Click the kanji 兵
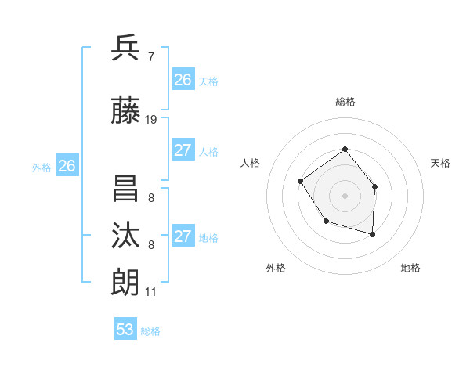point(126,48)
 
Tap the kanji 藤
point(126,111)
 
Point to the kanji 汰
point(126,235)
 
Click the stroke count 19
point(151,120)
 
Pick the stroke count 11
point(150,292)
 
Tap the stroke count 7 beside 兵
point(150,56)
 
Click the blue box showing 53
point(125,330)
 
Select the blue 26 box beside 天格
point(183,80)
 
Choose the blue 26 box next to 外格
point(67,166)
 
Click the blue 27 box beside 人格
point(183,150)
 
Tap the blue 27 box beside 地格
point(183,236)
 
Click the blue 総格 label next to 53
point(150,331)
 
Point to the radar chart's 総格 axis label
point(345,102)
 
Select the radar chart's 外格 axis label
point(276,268)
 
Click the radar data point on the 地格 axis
point(373,234)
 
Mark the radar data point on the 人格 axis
point(301,182)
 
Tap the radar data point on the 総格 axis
point(345,150)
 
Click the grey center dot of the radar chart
point(345,195)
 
